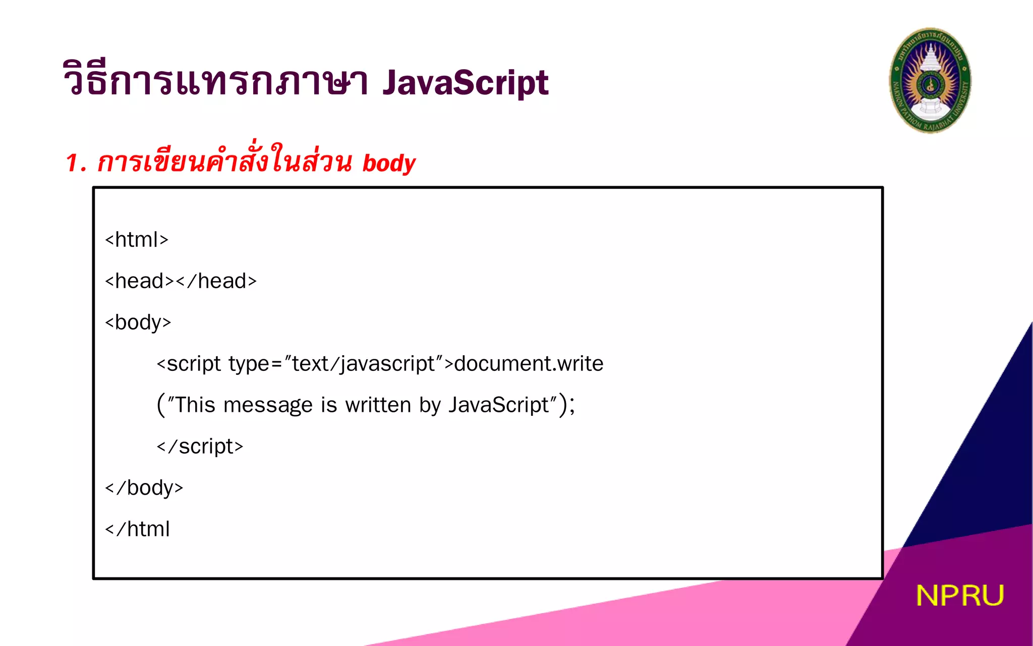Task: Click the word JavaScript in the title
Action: pyautogui.click(x=465, y=83)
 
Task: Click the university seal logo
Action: pyautogui.click(x=930, y=81)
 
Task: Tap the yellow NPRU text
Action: pyautogui.click(x=960, y=596)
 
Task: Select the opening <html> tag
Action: pyautogui.click(x=137, y=240)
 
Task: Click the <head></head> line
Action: pyautogui.click(x=181, y=281)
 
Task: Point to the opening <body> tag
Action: pyautogui.click(x=138, y=322)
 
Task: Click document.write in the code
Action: pyautogui.click(x=529, y=364)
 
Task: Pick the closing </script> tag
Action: pyautogui.click(x=200, y=447)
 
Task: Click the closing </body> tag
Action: pyautogui.click(x=144, y=488)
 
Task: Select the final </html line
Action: pyautogui.click(x=137, y=529)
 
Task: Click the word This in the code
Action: pyautogui.click(x=195, y=405)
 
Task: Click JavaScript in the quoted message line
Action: pyautogui.click(x=498, y=405)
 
